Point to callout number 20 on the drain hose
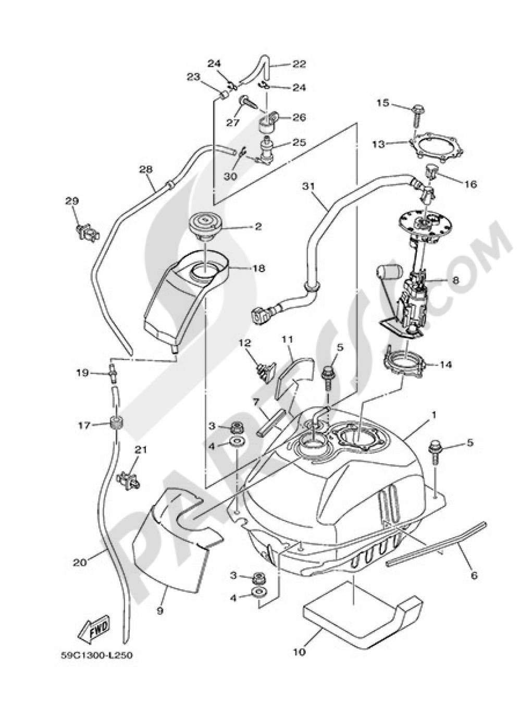(79, 562)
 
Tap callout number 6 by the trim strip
(474, 576)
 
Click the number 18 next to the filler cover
(258, 268)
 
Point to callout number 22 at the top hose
(299, 65)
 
